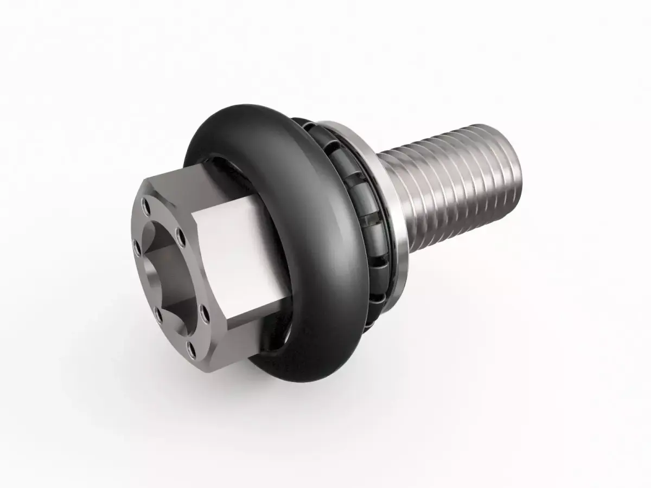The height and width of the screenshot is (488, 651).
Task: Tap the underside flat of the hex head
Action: click(x=239, y=336)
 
